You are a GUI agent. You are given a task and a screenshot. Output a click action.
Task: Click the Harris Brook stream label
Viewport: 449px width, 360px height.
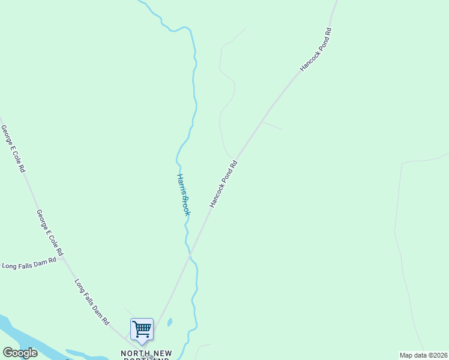pyautogui.click(x=184, y=194)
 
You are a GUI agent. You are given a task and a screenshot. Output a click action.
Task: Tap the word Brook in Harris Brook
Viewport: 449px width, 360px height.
pyautogui.click(x=186, y=206)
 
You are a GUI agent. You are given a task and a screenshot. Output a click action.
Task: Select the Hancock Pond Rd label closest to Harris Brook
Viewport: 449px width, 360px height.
pyautogui.click(x=224, y=184)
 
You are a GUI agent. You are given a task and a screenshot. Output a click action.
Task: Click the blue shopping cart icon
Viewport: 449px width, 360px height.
pyautogui.click(x=142, y=329)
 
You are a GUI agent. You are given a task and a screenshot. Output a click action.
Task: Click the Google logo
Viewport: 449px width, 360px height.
pyautogui.click(x=20, y=353)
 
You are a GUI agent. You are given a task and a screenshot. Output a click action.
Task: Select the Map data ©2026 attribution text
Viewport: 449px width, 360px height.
pyautogui.click(x=423, y=355)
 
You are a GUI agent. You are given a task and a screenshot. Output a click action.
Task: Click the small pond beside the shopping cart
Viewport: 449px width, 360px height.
pyautogui.click(x=170, y=322)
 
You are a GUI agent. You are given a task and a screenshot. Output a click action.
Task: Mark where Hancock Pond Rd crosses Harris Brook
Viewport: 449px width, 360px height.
pyautogui.click(x=191, y=257)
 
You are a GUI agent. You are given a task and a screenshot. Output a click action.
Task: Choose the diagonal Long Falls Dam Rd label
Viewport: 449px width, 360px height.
pyautogui.click(x=92, y=301)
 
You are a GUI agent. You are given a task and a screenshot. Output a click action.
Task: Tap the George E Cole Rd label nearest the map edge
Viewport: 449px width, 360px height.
pyautogui.click(x=13, y=149)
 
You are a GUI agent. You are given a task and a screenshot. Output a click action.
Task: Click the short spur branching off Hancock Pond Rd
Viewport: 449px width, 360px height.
pyautogui.click(x=272, y=125)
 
